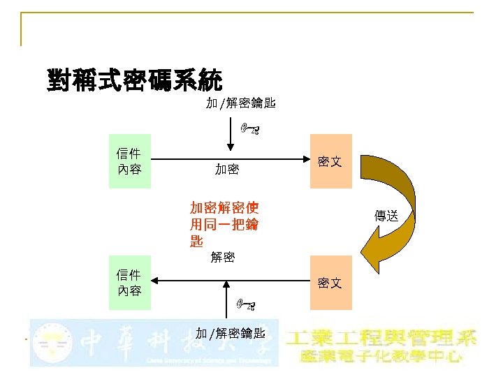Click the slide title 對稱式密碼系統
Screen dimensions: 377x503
pos(135,80)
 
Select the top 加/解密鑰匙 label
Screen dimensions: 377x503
pos(240,104)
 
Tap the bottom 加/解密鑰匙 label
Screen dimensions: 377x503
pos(230,332)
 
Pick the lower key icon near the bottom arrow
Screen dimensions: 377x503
pos(246,304)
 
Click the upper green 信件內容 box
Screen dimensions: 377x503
pos(129,161)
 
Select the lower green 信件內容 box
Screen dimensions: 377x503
pos(129,283)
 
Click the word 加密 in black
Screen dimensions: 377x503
pos(227,169)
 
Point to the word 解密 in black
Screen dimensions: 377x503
pos(221,257)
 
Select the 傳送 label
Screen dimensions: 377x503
pos(386,216)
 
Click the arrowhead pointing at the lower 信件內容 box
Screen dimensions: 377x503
pos(156,281)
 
